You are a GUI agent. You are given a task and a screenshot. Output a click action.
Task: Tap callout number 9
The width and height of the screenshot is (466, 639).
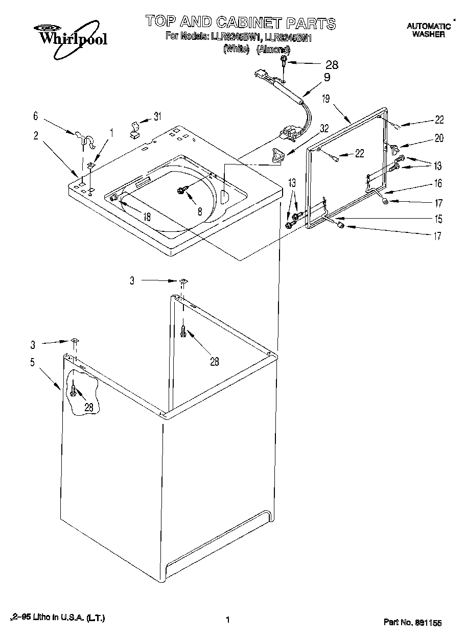coord(327,78)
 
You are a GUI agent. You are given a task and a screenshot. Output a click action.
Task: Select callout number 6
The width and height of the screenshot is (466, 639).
coord(36,116)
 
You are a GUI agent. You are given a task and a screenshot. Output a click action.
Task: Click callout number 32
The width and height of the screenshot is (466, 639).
coord(324,130)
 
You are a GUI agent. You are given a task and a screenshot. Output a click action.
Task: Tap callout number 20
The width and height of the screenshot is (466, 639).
coord(439,138)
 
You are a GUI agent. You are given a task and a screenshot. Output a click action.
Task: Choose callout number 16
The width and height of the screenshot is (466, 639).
coord(438,183)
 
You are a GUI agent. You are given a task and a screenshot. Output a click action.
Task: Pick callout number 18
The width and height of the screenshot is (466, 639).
coord(147,217)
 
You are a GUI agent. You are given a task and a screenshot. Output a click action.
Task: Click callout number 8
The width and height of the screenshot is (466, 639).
coord(200,210)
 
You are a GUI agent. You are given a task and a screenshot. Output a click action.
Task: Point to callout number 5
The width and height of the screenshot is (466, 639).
coord(32,363)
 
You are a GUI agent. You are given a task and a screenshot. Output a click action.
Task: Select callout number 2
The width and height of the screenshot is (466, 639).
coord(36,135)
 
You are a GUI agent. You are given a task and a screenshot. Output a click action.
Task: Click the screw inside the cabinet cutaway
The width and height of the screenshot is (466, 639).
coord(75,391)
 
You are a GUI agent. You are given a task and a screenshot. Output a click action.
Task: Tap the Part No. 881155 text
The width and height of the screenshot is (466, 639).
coord(412,622)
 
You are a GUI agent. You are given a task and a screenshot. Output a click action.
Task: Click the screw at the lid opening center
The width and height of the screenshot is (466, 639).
coord(181,190)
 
